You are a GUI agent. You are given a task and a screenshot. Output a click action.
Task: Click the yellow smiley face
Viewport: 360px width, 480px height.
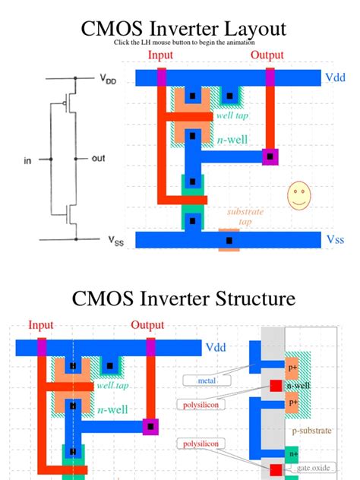tap(298, 197)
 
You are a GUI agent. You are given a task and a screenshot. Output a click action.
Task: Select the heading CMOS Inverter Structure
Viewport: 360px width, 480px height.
tap(183, 298)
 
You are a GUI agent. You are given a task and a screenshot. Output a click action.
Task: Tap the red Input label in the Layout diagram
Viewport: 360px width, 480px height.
tap(160, 55)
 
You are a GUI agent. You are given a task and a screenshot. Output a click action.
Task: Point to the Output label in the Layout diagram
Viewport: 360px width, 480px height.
tap(268, 55)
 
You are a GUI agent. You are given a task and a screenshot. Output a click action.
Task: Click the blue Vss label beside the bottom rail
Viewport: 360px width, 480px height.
tap(335, 239)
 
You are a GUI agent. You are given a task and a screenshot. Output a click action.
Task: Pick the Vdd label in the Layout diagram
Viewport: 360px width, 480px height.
tap(334, 77)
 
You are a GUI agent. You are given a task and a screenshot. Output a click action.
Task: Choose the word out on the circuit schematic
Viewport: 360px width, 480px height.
tap(98, 159)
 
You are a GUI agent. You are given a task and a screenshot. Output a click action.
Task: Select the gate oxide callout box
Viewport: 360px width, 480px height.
tap(314, 468)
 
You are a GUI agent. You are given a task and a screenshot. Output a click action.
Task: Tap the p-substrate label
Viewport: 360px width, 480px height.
tap(311, 431)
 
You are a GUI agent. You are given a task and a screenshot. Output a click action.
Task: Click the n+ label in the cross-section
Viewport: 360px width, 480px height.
tap(292, 453)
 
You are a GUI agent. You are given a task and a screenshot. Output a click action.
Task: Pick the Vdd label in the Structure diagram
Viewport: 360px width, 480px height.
tap(215, 347)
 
